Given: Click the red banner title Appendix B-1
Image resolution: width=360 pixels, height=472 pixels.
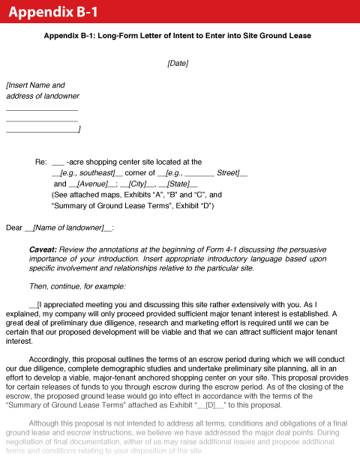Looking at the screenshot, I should [54, 13].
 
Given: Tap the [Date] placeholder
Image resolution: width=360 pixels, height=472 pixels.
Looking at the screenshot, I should [178, 64].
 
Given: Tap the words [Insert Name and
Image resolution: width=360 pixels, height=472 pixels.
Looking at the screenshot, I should [35, 85].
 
